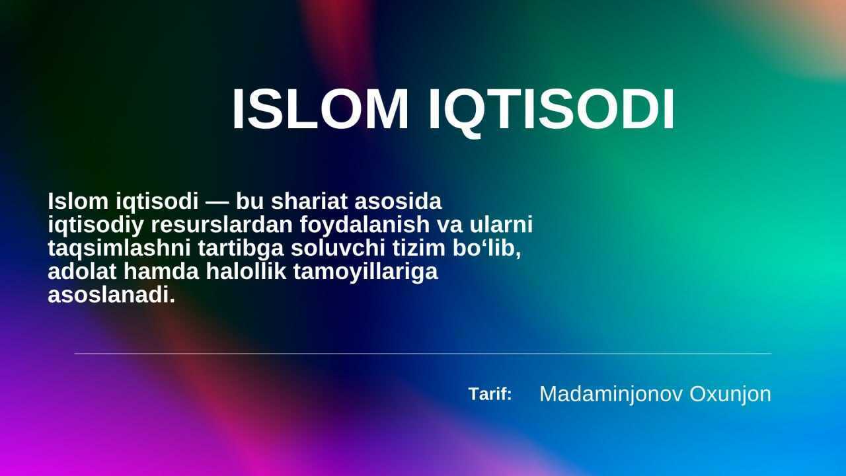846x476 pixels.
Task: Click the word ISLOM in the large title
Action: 321,109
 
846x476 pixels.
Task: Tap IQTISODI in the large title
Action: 552,112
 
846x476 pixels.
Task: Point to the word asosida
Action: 398,201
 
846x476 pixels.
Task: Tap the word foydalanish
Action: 365,225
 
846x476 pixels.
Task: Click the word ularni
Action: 501,224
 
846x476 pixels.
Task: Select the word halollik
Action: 246,271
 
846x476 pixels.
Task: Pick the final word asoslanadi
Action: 112,295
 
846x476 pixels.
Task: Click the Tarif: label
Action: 490,394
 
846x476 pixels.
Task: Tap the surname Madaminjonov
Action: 611,395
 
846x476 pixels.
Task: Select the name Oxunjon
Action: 730,395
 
